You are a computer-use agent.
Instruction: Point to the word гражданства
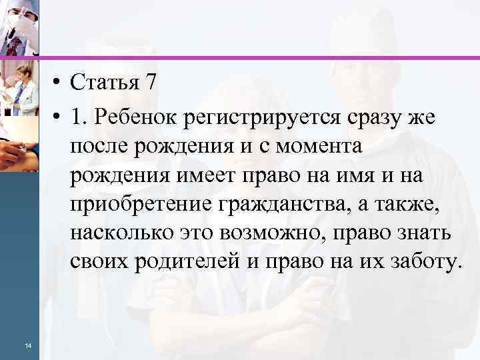pyautogui.click(x=279, y=204)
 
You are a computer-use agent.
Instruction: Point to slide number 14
pyautogui.click(x=27, y=345)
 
